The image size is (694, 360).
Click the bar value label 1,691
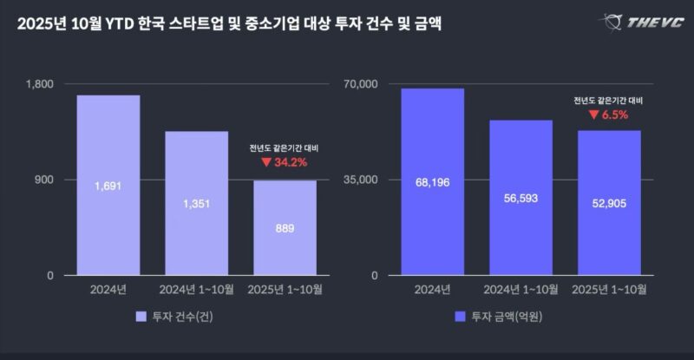(108, 185)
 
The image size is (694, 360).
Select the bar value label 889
(285, 228)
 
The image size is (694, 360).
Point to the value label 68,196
(432, 183)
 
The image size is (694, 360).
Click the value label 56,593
(520, 198)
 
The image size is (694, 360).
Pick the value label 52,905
(609, 203)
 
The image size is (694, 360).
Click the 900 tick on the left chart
(43, 180)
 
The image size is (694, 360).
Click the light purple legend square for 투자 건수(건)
(142, 317)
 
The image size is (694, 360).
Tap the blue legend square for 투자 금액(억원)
(461, 317)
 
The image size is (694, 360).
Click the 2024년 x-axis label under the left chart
(108, 289)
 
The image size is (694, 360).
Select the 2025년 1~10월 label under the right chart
(609, 289)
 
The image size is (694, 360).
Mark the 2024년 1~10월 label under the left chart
(196, 289)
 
